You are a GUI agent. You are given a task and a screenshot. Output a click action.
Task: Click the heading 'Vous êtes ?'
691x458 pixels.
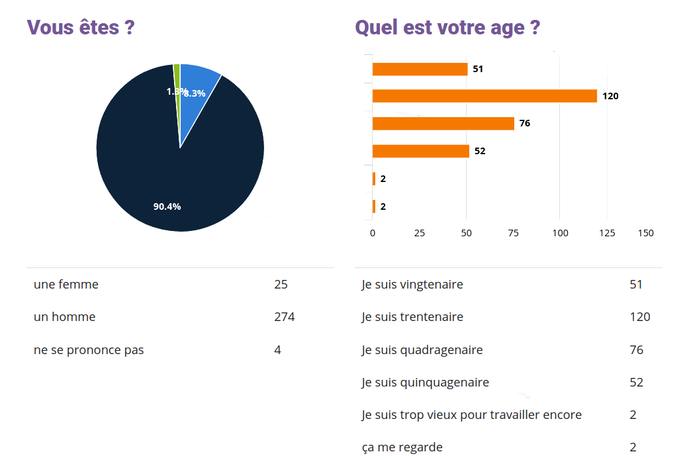[x=81, y=28]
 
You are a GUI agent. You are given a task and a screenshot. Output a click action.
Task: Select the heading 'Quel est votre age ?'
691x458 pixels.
[x=447, y=28]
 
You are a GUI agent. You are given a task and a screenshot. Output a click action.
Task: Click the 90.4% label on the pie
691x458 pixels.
[x=167, y=206]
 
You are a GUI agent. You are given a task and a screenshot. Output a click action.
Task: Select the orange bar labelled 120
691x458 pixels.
[x=484, y=96]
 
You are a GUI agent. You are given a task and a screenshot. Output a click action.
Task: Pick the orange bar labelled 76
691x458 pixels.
[x=443, y=123]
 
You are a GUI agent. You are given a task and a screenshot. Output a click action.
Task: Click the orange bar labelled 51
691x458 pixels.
[x=420, y=69]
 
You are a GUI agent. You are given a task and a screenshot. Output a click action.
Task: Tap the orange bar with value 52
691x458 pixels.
[x=420, y=151]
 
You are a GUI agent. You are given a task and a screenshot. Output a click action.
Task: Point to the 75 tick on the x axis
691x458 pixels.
[x=513, y=233]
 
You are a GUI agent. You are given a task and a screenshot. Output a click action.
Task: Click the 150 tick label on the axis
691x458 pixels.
[x=645, y=233]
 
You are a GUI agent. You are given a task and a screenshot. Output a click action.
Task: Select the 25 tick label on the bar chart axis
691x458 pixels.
[x=419, y=233]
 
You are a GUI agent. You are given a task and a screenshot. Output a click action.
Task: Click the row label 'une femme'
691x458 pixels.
[x=66, y=285]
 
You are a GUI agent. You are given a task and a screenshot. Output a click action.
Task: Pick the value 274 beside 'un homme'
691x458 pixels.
[x=284, y=317]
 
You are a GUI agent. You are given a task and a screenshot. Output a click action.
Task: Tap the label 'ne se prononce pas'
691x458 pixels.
[x=89, y=349]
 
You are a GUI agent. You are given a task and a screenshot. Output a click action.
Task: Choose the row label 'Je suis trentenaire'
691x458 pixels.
[x=412, y=317]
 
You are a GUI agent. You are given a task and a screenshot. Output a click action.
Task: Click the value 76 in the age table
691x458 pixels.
[x=636, y=349]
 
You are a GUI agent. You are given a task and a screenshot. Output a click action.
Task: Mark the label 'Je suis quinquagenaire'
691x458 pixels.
[x=425, y=382]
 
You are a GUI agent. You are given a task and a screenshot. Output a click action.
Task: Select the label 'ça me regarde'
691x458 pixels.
[x=402, y=447]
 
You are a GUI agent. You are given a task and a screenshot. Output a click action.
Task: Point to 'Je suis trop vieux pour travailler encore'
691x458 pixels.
[x=471, y=415]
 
